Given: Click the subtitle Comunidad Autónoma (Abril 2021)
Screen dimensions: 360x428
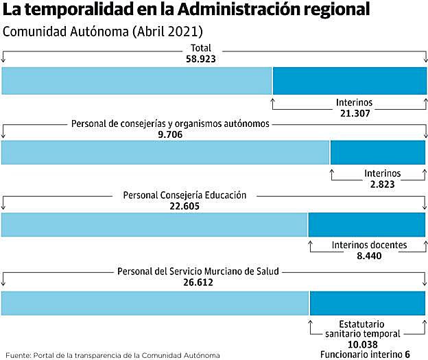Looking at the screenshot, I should pos(103,32).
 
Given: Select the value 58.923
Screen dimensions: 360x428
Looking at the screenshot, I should pos(201,59).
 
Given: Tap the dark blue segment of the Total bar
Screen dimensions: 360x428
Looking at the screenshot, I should pos(348,81).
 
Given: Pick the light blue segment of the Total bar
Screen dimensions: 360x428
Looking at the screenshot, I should pos(136,81).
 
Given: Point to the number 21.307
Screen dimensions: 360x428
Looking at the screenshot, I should pos(355,113).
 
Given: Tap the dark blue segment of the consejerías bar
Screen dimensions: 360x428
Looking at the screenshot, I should pos(377,152).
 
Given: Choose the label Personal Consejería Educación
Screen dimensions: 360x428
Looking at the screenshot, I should pos(184,195).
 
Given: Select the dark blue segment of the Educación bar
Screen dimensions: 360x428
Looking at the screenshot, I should pos(366,225).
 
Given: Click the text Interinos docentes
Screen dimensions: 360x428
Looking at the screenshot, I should pos(369,245).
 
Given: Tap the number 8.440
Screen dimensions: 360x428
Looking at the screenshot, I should pos(368,256).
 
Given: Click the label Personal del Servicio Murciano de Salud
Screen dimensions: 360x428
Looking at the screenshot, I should pos(198,271).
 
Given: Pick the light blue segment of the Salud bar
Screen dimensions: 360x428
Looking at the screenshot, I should pos(154,303).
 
